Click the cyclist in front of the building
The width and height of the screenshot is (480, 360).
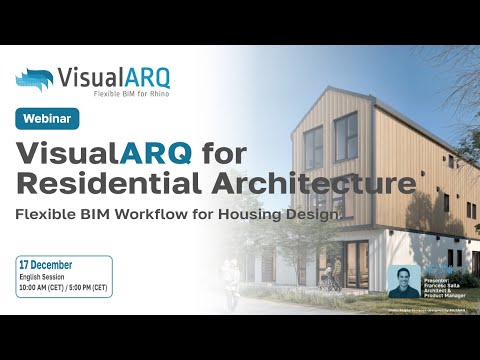pyautogui.click(x=230, y=275)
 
